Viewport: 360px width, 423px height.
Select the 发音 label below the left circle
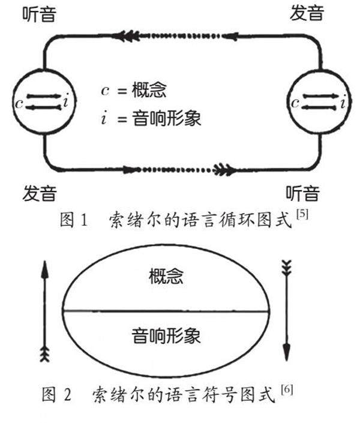(x=40, y=193)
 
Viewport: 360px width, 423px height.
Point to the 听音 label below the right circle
(x=302, y=193)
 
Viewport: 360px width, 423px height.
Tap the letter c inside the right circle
(x=295, y=102)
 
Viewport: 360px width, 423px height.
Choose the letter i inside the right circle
(x=342, y=103)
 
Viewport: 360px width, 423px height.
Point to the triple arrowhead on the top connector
(x=125, y=36)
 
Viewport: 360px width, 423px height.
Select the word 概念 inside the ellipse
(x=165, y=277)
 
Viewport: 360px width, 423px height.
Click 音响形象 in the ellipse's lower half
(x=165, y=335)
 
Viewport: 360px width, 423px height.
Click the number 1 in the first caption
(x=83, y=220)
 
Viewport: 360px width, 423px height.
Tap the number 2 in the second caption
(x=67, y=396)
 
